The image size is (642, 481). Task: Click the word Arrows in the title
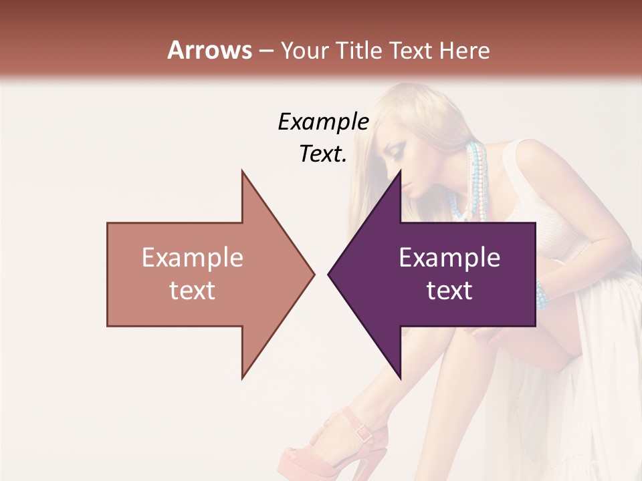pos(210,50)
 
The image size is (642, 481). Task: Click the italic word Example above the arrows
pos(323,122)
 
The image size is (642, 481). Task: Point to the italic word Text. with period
pos(323,154)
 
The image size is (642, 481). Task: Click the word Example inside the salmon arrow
pos(193,258)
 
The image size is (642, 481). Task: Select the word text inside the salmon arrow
pos(193,291)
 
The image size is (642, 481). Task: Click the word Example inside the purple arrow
pos(449,258)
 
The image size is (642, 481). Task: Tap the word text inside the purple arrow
pos(449,291)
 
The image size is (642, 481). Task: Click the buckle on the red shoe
pos(362,432)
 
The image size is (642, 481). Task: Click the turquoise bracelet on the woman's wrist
pos(540,295)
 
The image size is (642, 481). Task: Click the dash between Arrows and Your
pos(266,51)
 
